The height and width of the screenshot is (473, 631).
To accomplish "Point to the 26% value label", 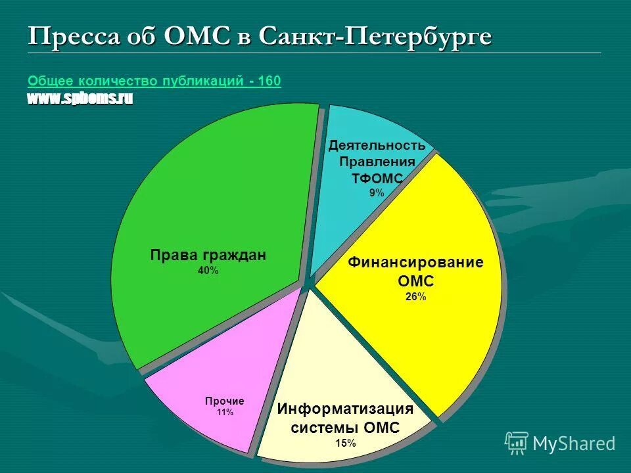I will [415, 296].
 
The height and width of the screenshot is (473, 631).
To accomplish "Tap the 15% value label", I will [345, 443].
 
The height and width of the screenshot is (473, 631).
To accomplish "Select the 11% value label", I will [224, 413].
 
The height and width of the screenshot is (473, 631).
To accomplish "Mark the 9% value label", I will [377, 192].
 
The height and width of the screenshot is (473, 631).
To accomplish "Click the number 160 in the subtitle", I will [269, 81].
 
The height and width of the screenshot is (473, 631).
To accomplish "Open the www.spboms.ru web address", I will [80, 99].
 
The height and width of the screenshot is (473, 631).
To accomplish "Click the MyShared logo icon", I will [517, 443].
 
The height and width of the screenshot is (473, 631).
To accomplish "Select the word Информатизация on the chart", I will [345, 409].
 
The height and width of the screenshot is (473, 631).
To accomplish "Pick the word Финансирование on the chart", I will [415, 263].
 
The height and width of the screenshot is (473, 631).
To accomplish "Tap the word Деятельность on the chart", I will [377, 145].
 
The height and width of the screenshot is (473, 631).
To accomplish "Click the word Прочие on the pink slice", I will [224, 401].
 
